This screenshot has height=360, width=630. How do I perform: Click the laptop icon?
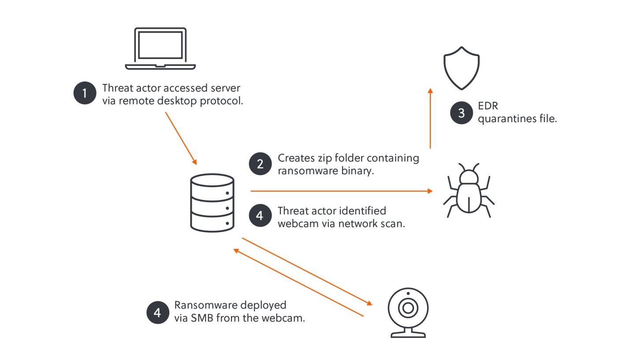click(160, 48)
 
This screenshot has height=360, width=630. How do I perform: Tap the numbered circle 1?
click(85, 93)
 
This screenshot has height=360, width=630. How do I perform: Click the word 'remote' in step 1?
click(133, 101)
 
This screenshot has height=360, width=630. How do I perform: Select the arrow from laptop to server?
click(181, 138)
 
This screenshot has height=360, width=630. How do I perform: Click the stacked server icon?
click(212, 203)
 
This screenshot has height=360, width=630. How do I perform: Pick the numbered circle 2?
click(260, 164)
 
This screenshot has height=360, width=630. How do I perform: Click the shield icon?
click(461, 68)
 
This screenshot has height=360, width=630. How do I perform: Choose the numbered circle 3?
click(461, 113)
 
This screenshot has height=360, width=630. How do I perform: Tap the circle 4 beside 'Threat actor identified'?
click(260, 216)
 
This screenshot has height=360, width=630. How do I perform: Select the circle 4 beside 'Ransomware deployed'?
click(157, 312)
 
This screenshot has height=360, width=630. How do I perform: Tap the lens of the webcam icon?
click(408, 308)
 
